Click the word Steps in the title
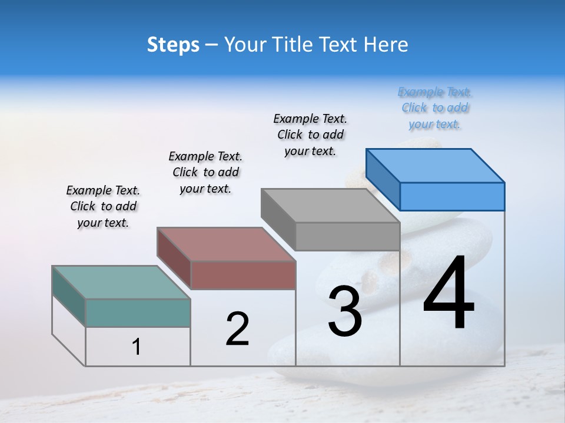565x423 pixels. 173,45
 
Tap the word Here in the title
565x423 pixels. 386,45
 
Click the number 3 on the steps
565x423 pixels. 345,311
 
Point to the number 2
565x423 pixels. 237,329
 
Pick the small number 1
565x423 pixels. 137,347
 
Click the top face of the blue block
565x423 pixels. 436,165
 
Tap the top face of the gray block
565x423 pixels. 331,206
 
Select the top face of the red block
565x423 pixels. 226,244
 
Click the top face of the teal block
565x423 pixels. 121,282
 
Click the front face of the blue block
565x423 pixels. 452,196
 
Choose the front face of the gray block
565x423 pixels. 347,236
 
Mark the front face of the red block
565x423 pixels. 243,275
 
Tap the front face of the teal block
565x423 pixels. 138,313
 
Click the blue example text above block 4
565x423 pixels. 435,108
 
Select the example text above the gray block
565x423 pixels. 310,135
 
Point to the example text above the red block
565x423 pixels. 205,172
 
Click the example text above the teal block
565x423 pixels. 103,206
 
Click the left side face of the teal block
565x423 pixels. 68,296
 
